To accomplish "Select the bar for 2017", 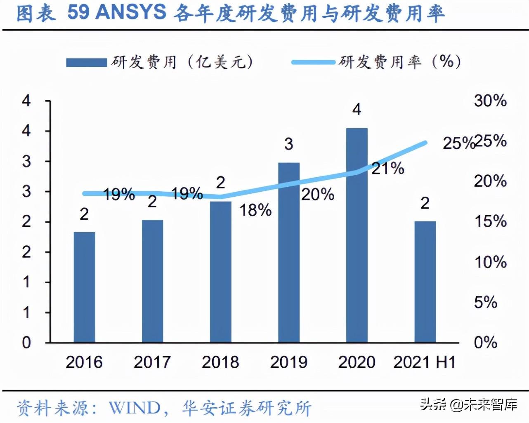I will coord(152,281).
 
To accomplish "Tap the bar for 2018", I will coord(220,272).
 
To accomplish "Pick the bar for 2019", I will coord(289,252).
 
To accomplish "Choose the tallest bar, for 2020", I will coord(357,235).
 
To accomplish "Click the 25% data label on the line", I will coord(458,143).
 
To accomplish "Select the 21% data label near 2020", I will coord(387,168).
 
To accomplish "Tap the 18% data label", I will coord(255,210).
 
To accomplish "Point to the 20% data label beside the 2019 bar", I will coord(317,194).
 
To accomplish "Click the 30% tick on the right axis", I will coord(490,101).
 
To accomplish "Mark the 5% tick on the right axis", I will coord(486,302).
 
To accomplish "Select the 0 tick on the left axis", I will coord(26,342).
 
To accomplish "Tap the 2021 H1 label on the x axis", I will coord(425,362).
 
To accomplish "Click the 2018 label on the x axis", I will coord(220,362).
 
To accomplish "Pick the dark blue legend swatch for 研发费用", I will coord(87,63).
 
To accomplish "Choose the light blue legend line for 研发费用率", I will coord(313,62).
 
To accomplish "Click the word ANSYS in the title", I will coord(131,12).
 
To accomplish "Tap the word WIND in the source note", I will coord(135,408).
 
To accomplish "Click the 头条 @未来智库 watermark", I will coord(468,404).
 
